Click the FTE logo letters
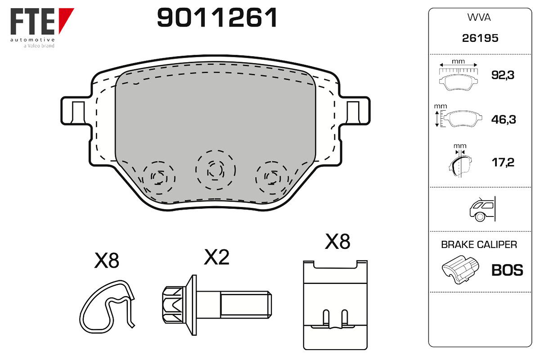click(x=32, y=21)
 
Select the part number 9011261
click(x=217, y=18)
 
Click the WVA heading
click(x=479, y=18)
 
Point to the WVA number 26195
click(x=480, y=38)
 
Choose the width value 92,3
click(x=503, y=75)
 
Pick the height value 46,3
click(x=504, y=119)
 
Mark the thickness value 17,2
click(x=503, y=162)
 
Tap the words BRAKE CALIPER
click(x=479, y=245)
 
